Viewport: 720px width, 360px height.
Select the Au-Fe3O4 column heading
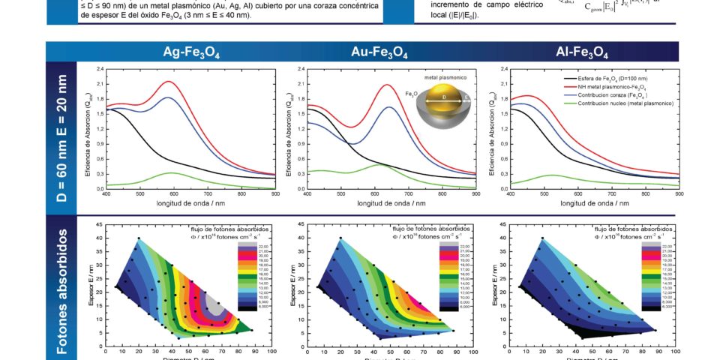click(x=379, y=52)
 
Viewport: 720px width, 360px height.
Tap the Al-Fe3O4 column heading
click(x=581, y=52)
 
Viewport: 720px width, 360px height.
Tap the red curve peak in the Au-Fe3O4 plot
click(x=388, y=85)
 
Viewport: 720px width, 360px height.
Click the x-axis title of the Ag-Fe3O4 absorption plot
click(x=190, y=203)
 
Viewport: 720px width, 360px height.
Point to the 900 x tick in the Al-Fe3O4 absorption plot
click(x=678, y=193)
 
